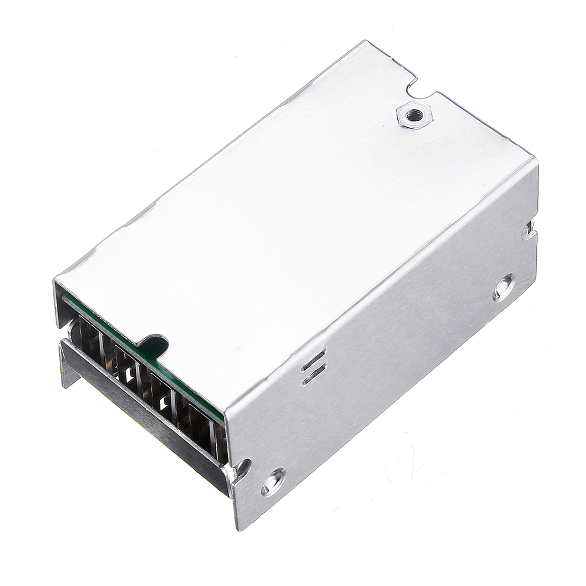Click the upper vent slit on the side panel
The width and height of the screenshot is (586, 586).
pyautogui.click(x=314, y=359)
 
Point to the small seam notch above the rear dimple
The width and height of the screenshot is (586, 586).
pyautogui.click(x=529, y=230)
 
